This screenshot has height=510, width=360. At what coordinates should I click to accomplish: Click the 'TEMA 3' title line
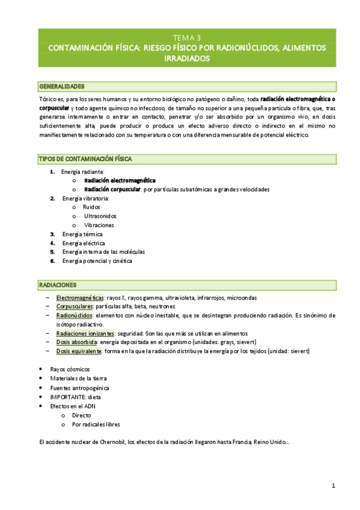point(186,37)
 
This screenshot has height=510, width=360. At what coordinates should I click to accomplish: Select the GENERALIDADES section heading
point(62,87)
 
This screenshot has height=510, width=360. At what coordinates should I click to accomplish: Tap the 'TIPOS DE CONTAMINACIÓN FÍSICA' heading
point(85,159)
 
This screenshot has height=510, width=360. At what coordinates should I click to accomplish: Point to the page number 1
point(333,485)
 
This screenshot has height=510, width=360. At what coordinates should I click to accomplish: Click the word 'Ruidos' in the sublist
point(92,206)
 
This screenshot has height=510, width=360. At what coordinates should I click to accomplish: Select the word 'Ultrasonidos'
point(100,215)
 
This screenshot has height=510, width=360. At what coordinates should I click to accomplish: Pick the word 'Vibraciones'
point(99,225)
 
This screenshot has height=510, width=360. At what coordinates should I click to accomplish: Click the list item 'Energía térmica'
point(82,234)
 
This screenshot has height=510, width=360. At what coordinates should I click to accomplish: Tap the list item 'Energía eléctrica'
point(84,243)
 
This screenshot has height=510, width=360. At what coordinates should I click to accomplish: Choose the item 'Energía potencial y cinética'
point(97,261)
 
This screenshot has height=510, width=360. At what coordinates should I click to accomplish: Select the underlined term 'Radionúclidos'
point(75,315)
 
